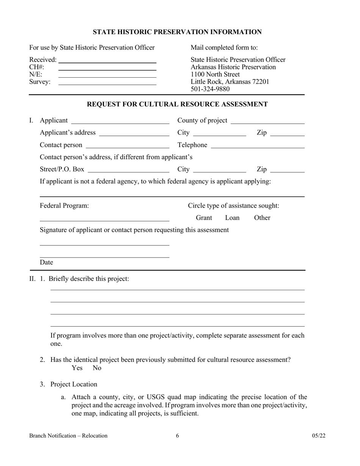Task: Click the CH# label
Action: tap(36, 67)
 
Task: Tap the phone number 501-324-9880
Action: tap(210, 89)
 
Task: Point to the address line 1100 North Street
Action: tap(215, 74)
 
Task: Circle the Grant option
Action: tap(204, 218)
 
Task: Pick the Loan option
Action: tap(232, 218)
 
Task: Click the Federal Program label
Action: tap(64, 206)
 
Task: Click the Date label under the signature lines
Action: tap(46, 262)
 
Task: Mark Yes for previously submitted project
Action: tap(77, 368)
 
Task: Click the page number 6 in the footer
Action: tap(177, 436)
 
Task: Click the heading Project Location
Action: tap(74, 384)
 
